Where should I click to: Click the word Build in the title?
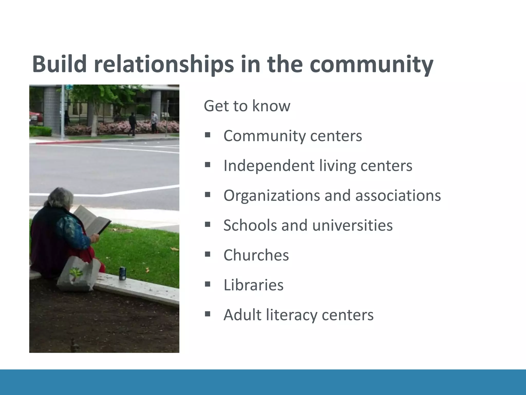coord(59,64)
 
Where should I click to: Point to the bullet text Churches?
coord(256,255)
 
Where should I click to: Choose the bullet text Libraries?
coord(253,285)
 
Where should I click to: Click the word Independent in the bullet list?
coord(269,166)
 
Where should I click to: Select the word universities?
coord(352,225)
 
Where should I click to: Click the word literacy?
coord(292,315)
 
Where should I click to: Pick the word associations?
coord(398,195)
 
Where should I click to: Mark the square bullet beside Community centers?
coord(208,135)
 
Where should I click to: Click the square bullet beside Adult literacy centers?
coord(208,314)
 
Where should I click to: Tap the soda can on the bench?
coord(123,273)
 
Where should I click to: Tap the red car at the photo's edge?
coord(35,117)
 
